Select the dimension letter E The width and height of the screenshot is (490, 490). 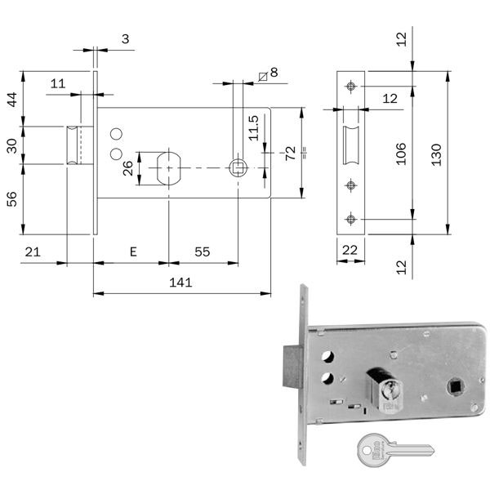click(x=132, y=252)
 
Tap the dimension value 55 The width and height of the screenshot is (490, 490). click(x=202, y=252)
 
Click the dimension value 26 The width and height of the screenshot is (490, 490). click(x=127, y=168)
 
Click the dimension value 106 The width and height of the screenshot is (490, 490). click(x=401, y=152)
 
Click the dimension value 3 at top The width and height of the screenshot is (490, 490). click(x=124, y=38)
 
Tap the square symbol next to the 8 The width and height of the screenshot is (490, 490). click(x=261, y=75)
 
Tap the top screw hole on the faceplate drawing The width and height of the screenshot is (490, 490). click(x=350, y=86)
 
